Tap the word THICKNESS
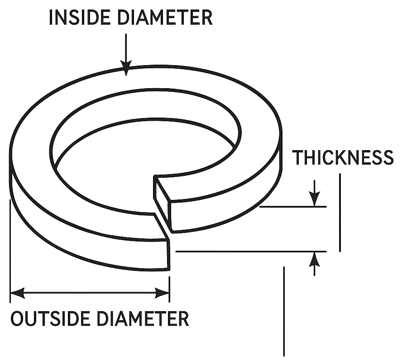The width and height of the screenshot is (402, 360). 343,157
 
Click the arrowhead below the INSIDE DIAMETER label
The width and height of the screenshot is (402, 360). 126,68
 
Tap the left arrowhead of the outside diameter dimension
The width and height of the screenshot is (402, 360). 18,293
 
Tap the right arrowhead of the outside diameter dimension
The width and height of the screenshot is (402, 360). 162,293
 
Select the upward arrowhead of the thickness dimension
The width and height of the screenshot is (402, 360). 315,260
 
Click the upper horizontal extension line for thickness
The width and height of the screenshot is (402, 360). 293,206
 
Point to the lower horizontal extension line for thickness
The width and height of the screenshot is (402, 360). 251,252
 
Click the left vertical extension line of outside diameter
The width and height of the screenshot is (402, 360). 10,251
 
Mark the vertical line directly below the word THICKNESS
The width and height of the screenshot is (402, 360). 340,213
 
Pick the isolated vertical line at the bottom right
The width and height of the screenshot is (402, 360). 284,311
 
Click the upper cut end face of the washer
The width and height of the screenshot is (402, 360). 162,203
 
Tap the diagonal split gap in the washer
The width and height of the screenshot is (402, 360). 162,226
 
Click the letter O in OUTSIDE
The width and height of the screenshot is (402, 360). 17,318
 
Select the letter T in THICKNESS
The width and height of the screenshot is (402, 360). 298,157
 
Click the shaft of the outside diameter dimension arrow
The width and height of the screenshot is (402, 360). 90,293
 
